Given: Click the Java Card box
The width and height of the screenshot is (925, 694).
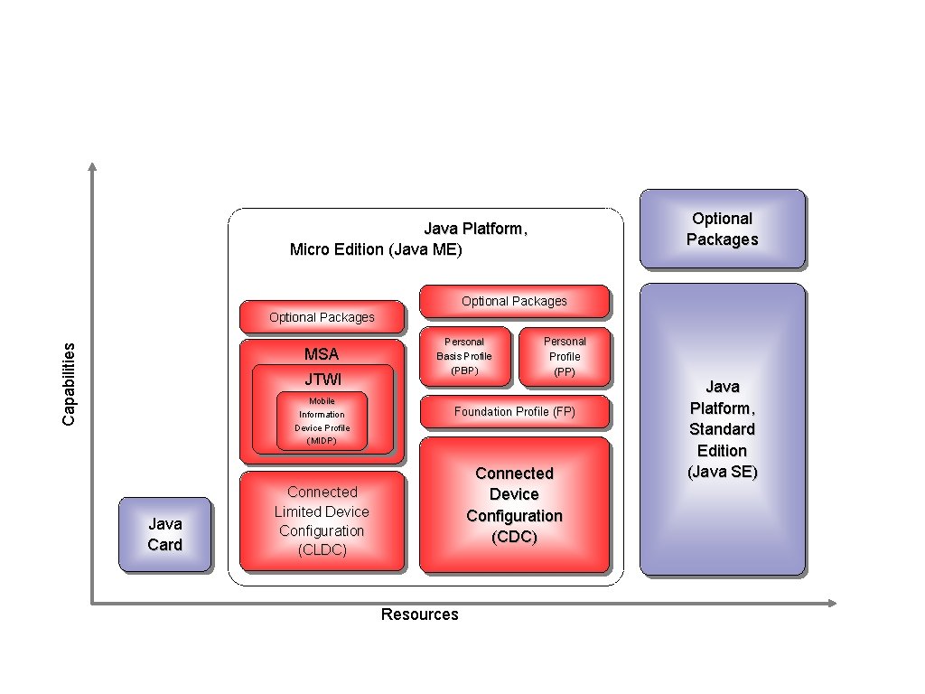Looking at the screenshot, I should pyautogui.click(x=164, y=534).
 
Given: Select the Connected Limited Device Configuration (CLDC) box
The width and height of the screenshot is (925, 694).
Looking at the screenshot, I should pyautogui.click(x=322, y=520).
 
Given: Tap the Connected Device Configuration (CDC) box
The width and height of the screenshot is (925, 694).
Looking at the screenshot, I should pyautogui.click(x=514, y=505).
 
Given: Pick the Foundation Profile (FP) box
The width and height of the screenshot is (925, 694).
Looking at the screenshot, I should pyautogui.click(x=514, y=411).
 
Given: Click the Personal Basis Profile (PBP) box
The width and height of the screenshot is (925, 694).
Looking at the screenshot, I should pyautogui.click(x=464, y=356).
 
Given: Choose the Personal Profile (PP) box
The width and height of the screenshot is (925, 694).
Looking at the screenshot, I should pyautogui.click(x=565, y=356).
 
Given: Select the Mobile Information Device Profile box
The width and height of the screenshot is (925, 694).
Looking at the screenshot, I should pyautogui.click(x=322, y=420).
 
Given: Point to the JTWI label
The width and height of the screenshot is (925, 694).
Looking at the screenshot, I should pyautogui.click(x=322, y=379).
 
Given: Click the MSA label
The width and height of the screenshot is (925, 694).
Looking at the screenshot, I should pyautogui.click(x=322, y=354).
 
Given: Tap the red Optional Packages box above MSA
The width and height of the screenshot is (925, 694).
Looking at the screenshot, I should pyautogui.click(x=322, y=317).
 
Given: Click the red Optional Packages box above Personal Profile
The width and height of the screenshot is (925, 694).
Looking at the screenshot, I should pyautogui.click(x=514, y=301).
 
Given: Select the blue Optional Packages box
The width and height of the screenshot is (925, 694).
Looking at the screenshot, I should pyautogui.click(x=722, y=229).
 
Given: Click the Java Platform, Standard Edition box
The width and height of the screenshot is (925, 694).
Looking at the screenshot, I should pyautogui.click(x=722, y=429).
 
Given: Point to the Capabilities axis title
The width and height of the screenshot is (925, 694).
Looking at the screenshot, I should pyautogui.click(x=69, y=384).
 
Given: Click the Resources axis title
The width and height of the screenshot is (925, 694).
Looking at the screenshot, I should pyautogui.click(x=419, y=614).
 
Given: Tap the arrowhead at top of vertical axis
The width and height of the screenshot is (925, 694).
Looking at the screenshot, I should pyautogui.click(x=91, y=166).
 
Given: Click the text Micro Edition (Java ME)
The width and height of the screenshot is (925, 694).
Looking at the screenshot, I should pyautogui.click(x=375, y=249).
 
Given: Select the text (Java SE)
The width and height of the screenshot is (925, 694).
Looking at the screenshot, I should pyautogui.click(x=722, y=472).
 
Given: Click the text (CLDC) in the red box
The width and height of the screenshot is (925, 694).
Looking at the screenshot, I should pyautogui.click(x=322, y=550).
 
